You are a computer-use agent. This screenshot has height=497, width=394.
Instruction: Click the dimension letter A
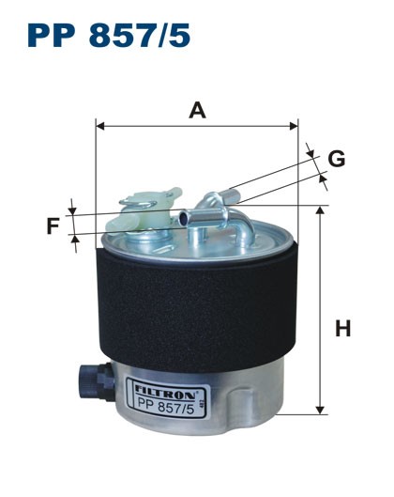point(197,111)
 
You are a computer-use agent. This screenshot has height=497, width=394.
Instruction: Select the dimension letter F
point(53,225)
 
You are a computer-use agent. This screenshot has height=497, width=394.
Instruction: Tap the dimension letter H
point(343,329)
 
